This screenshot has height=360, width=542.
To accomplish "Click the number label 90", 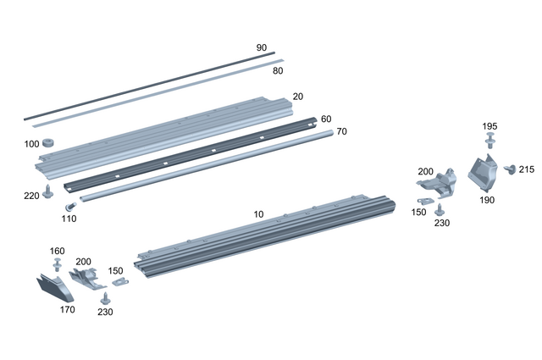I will [x=262, y=47].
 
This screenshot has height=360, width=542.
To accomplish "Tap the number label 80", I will [x=277, y=71].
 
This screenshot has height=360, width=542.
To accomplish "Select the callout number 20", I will [x=297, y=97].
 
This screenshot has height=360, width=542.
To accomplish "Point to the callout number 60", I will [x=326, y=119].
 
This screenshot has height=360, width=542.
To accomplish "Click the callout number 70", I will [x=341, y=132].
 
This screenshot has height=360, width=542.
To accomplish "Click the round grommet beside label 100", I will [x=48, y=142].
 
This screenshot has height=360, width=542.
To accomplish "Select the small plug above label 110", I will [x=70, y=205].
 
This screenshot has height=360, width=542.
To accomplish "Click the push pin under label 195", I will [x=489, y=143].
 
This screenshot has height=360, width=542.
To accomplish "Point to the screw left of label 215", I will [x=510, y=169].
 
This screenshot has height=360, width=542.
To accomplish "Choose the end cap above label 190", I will [x=482, y=175].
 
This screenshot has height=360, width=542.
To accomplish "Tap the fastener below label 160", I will [x=58, y=265].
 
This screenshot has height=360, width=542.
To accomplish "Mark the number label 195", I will [x=489, y=126].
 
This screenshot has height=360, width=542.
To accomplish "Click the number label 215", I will [x=527, y=170].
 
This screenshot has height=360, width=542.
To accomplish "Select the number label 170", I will [x=68, y=309].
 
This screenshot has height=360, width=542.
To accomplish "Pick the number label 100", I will [x=31, y=145].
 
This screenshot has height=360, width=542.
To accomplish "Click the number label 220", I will [x=31, y=196].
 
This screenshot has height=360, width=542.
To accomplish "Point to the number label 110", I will [x=69, y=219].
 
